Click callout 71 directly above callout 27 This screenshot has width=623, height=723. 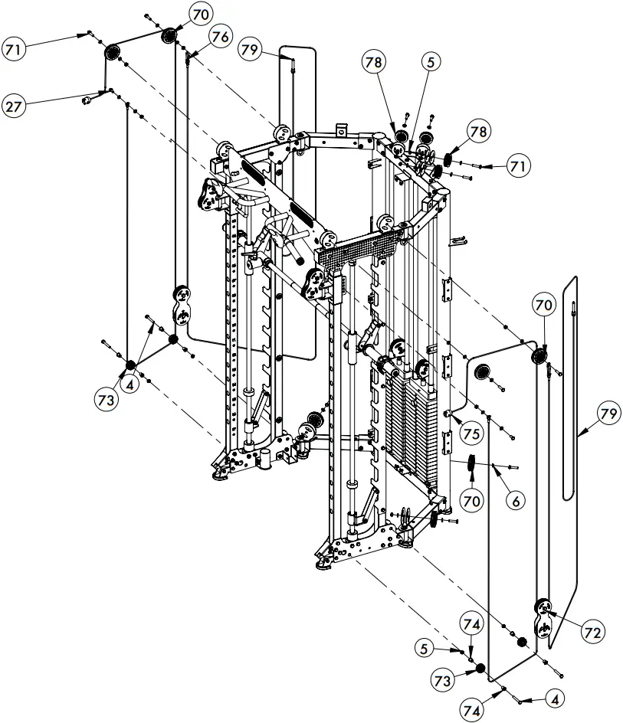14,50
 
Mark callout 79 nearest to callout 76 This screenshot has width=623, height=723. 249,51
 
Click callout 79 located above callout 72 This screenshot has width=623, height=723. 608,414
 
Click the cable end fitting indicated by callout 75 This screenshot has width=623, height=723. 449,414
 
